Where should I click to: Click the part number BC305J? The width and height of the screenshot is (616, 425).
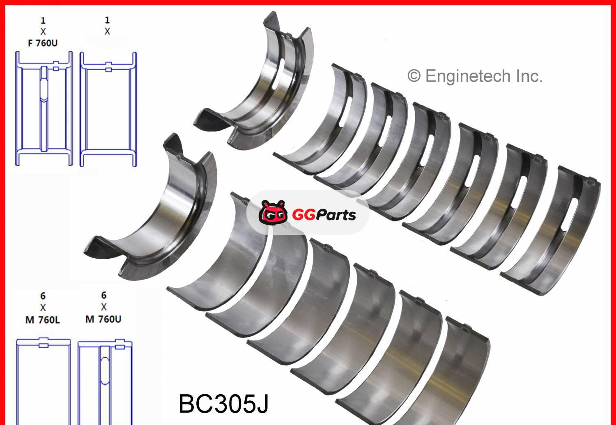pyautogui.click(x=223, y=404)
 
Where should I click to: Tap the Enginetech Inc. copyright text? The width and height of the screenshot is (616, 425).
pyautogui.click(x=475, y=76)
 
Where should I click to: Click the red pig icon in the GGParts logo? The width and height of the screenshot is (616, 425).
pyautogui.click(x=273, y=213)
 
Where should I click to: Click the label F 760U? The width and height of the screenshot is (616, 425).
pyautogui.click(x=43, y=43)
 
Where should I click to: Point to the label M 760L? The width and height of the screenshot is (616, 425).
pyautogui.click(x=42, y=320)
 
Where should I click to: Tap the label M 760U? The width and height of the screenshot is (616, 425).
pyautogui.click(x=103, y=319)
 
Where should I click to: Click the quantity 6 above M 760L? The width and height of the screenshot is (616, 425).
pyautogui.click(x=43, y=296)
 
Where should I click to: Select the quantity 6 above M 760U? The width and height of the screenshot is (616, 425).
pyautogui.click(x=103, y=295)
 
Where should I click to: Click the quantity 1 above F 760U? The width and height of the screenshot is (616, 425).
pyautogui.click(x=43, y=21)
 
